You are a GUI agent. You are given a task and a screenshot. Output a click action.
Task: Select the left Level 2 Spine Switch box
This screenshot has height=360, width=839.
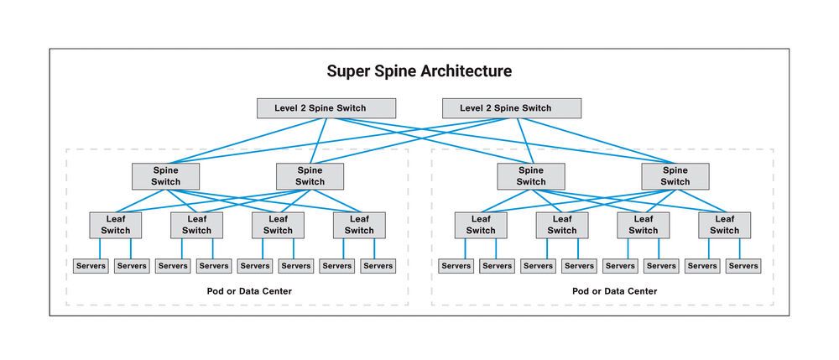(324, 108)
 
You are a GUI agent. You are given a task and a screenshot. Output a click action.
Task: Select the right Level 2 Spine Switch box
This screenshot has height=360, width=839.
(511, 108)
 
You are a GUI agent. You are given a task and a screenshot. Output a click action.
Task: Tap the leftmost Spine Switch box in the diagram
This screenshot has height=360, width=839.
(165, 175)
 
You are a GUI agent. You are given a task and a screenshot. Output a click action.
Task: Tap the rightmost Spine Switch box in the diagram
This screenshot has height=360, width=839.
(675, 175)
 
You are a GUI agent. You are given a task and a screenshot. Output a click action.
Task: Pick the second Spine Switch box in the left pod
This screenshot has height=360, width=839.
(310, 175)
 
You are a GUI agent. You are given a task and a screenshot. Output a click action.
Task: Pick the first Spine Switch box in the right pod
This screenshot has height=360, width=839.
(530, 175)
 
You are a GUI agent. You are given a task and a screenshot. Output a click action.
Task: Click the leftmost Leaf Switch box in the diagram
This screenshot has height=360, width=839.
(116, 225)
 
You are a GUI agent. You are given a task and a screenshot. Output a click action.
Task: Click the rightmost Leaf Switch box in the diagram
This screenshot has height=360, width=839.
(724, 225)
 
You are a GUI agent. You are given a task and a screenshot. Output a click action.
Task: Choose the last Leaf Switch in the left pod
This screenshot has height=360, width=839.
(358, 225)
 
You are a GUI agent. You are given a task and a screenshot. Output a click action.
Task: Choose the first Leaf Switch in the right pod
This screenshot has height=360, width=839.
(481, 225)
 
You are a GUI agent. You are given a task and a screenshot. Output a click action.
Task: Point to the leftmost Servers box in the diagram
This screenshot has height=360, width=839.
(91, 266)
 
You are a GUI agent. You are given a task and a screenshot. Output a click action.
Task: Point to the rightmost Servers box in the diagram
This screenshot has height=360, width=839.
(743, 266)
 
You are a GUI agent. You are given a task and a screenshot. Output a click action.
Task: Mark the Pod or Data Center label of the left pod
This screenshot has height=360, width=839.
(237, 291)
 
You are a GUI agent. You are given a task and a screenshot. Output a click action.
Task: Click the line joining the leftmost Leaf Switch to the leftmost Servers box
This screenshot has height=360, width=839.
(101, 248)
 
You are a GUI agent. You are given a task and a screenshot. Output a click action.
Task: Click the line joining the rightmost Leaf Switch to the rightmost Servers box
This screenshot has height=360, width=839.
(739, 248)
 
